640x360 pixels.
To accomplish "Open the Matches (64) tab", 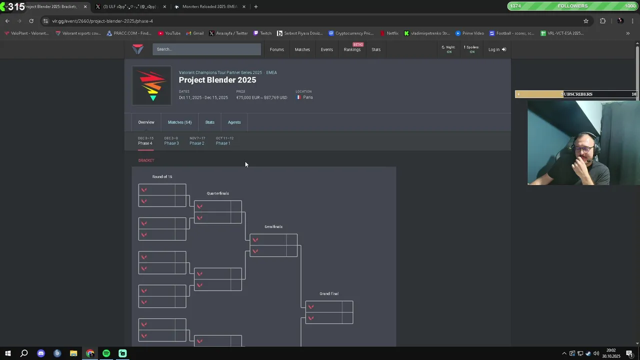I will click(x=179, y=122).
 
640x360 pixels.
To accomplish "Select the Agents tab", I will click(x=234, y=122).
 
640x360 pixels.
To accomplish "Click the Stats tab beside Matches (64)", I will click(x=209, y=122).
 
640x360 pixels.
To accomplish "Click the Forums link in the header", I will click(x=276, y=49).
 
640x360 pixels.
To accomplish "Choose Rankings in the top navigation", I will click(x=352, y=49).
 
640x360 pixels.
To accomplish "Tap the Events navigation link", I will click(x=326, y=49).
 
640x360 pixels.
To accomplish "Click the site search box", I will click(x=206, y=49).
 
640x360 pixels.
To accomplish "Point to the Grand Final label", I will click(x=329, y=293).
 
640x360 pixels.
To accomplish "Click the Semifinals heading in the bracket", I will click(x=273, y=226).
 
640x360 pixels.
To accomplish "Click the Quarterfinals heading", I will click(x=217, y=193).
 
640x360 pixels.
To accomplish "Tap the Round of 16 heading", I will click(x=162, y=176).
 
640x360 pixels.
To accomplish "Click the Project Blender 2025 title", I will click(x=217, y=80).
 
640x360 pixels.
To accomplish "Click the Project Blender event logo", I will click(x=151, y=85).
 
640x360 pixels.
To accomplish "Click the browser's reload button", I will click(x=31, y=21).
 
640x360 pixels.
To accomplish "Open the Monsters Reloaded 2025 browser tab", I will click(x=209, y=6).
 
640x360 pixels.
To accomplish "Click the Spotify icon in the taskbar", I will click(x=106, y=353).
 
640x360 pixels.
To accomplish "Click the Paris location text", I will click(x=307, y=97).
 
